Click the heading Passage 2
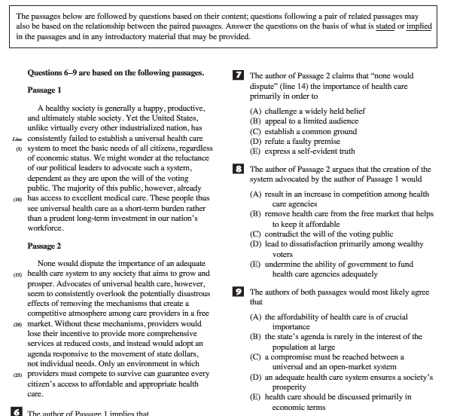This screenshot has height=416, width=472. (44, 246)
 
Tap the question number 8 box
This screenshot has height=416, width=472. (239, 170)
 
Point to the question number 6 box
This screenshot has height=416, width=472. (18, 412)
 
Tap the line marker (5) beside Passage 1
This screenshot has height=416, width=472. (19, 148)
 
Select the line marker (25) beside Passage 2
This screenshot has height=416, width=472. (17, 374)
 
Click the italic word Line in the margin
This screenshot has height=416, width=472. (17, 139)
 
